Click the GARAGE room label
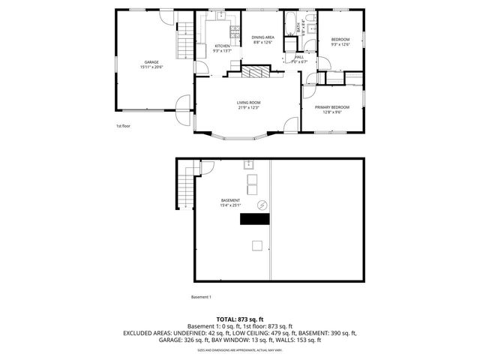pos(151,62)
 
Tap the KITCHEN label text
pos(202,46)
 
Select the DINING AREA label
pos(262,37)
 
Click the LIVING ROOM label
pos(248,102)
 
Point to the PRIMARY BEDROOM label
pos(332,107)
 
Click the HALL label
pos(299,57)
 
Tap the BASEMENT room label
pos(230,200)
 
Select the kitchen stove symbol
pos(235,31)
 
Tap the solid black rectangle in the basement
pos(255,219)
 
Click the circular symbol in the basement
pos(262,204)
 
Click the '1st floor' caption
pos(124,126)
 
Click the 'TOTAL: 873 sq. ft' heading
pos(239,319)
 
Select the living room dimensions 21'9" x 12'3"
pos(248,107)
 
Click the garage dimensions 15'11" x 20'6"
pos(151,67)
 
